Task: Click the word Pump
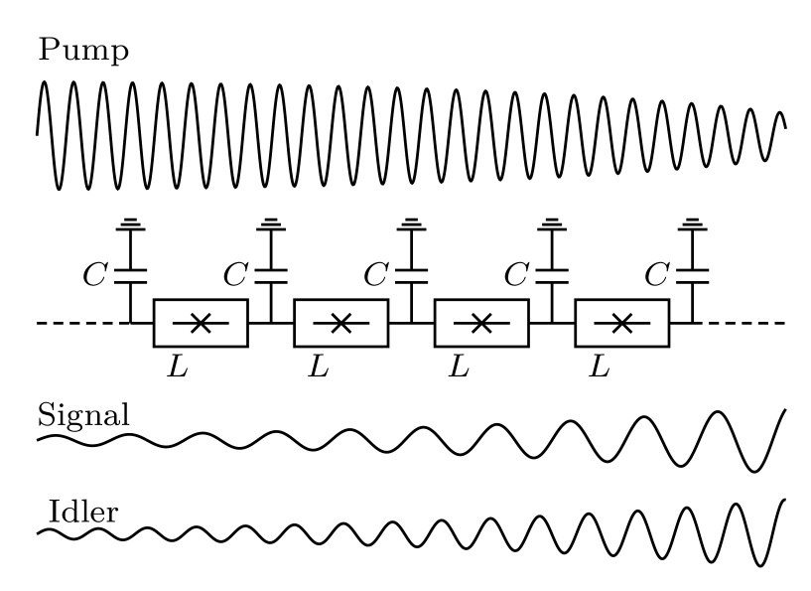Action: pos(83,51)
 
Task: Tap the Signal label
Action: pos(83,414)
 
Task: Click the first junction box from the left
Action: pos(200,323)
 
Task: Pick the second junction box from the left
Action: pos(340,323)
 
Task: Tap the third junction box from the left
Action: pos(481,323)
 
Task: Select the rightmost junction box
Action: pos(622,323)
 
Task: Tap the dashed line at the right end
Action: pos(740,323)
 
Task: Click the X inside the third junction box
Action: pos(481,323)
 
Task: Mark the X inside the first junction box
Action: pos(200,323)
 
